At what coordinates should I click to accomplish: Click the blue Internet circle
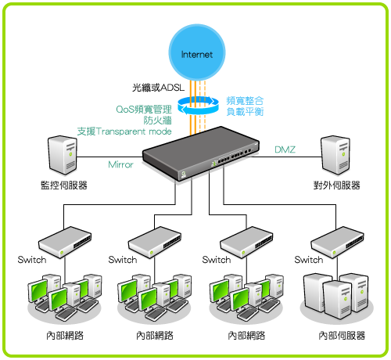[x=197, y=52]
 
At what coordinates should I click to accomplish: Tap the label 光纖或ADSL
[x=158, y=88]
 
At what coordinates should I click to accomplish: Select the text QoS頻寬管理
[x=144, y=110]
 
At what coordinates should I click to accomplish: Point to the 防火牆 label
[x=157, y=121]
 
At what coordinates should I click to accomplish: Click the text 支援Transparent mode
[x=124, y=131]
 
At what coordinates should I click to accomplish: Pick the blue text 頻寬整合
[x=245, y=101]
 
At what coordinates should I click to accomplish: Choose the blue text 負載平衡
[x=245, y=112]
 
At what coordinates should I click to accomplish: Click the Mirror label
[x=120, y=164]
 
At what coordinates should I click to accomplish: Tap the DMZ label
[x=285, y=149]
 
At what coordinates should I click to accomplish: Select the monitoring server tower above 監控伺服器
[x=63, y=155]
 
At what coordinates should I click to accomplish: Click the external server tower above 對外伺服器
[x=335, y=155]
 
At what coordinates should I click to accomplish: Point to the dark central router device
[x=201, y=153]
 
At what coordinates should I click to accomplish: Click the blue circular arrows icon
[x=198, y=106]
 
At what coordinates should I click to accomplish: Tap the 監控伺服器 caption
[x=64, y=185]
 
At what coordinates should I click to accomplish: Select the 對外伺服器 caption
[x=336, y=185]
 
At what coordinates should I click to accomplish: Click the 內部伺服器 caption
[x=342, y=336]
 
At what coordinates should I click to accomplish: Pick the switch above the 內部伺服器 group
[x=337, y=243]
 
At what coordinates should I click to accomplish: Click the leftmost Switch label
[x=32, y=260]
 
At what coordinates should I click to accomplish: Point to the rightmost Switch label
[x=309, y=260]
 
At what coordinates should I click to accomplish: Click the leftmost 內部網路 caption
[x=65, y=336]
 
